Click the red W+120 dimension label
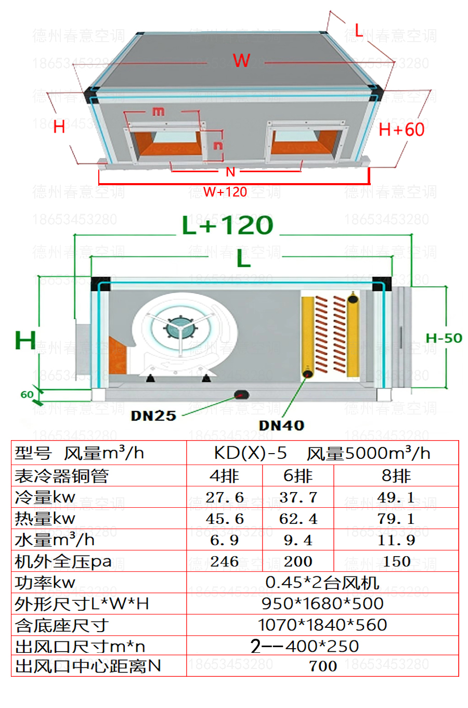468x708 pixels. pos(225,192)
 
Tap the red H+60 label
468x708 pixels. pos(401,130)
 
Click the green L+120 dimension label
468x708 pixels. pos(228,225)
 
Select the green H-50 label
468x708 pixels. pos(444,338)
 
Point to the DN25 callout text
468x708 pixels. pos(153,416)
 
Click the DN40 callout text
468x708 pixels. pos(281,426)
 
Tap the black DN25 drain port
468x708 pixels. pos(242,394)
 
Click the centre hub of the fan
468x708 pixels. pos(180,328)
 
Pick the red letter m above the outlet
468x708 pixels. pos(159,111)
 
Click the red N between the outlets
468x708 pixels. pos(230,172)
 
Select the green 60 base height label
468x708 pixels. pos(27,394)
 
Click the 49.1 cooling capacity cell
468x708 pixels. pos(396,497)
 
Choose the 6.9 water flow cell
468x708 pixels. pos(224,540)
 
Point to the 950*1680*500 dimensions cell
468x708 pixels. pos(322,603)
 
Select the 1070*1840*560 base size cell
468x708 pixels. pos(322,625)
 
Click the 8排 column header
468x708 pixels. pos(396,476)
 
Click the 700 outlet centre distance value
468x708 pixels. pos(323,666)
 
